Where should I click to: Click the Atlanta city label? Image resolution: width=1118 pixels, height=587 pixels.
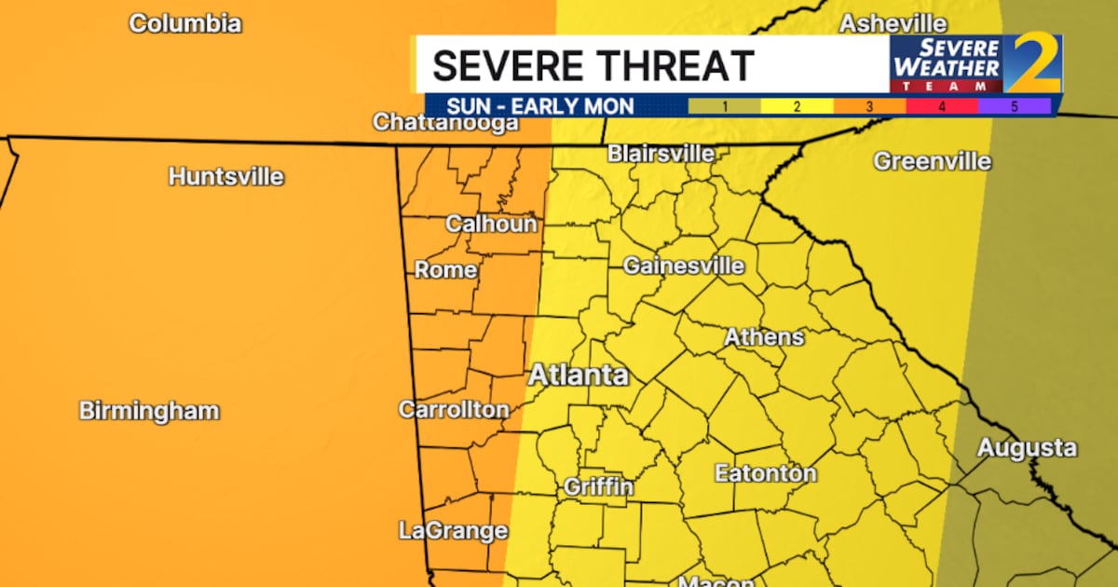[x=579, y=376]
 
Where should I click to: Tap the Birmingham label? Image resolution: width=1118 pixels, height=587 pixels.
[x=149, y=411]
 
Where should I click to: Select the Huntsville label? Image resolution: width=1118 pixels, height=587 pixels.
[x=226, y=176]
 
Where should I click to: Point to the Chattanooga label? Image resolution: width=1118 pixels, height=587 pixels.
[x=445, y=122]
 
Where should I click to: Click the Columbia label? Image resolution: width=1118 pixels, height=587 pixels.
[x=185, y=23]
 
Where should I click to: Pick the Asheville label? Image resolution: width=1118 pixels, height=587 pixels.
[x=893, y=23]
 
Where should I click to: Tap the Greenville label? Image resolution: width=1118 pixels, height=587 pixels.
[x=932, y=161]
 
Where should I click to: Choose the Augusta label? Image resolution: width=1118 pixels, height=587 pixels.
[x=1027, y=448]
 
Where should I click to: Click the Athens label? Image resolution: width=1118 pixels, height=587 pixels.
[x=764, y=336]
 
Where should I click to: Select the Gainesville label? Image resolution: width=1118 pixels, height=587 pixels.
[x=684, y=266]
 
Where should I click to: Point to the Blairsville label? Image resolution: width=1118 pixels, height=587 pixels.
[x=661, y=154]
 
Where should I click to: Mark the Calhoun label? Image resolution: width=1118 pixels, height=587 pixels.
[x=491, y=224]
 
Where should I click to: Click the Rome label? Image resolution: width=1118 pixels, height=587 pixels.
[x=445, y=270]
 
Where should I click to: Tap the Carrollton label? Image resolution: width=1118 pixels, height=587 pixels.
[x=454, y=410]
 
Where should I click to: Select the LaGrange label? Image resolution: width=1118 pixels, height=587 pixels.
[x=453, y=531]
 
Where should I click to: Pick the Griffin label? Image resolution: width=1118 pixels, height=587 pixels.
[x=598, y=487]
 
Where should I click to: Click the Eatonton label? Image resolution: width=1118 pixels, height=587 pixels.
[x=765, y=473]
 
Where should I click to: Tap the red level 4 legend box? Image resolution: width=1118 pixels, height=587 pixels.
[x=942, y=106]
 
